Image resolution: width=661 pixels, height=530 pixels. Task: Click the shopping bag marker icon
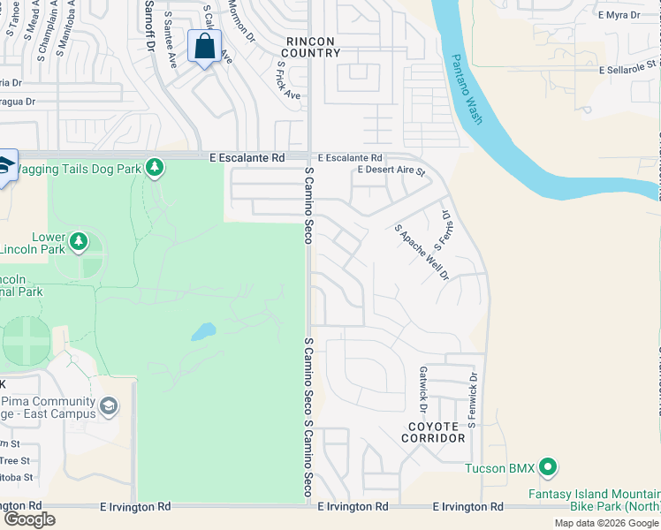pyautogui.click(x=204, y=47)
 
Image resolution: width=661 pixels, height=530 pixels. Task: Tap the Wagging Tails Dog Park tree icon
pyautogui.click(x=155, y=166)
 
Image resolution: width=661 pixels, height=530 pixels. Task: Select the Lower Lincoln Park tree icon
pyautogui.click(x=79, y=241)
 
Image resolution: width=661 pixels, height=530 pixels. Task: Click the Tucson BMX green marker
pyautogui.click(x=547, y=466)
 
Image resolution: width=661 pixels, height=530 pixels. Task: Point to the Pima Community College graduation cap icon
pyautogui.click(x=109, y=406)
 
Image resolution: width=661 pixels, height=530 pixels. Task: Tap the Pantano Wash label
pyautogui.click(x=467, y=89)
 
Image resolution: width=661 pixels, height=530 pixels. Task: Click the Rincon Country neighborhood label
pyautogui.click(x=312, y=47)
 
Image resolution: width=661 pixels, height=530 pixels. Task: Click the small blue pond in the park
pyautogui.click(x=202, y=332)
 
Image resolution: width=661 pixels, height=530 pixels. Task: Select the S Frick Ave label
pyautogui.click(x=288, y=79)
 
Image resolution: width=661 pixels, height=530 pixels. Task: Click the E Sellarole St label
pyautogui.click(x=628, y=67)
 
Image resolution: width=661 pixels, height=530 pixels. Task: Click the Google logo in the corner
pyautogui.click(x=29, y=519)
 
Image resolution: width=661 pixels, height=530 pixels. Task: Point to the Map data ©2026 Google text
pyautogui.click(x=606, y=523)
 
